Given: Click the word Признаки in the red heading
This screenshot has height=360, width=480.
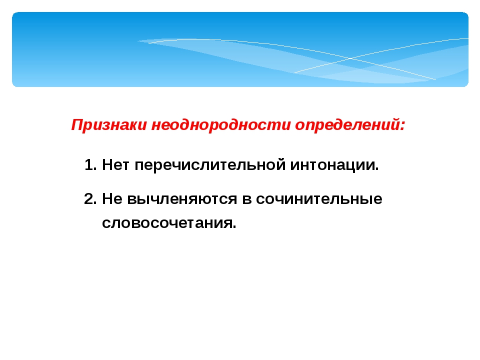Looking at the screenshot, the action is click(x=109, y=125).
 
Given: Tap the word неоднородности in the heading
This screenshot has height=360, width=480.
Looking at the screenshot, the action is click(x=221, y=125).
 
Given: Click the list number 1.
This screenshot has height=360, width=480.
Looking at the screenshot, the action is click(x=90, y=165).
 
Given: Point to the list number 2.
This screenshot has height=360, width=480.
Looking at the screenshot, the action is click(x=90, y=199).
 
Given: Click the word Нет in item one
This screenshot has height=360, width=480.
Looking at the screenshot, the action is click(x=115, y=165).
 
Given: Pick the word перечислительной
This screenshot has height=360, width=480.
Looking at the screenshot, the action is click(x=210, y=165).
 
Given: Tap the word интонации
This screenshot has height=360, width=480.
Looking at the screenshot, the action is click(x=332, y=165).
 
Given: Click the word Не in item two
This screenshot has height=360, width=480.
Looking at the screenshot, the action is click(x=112, y=199).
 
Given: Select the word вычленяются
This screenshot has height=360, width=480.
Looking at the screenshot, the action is click(x=182, y=199).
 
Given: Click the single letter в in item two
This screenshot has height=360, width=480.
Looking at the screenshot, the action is click(x=246, y=200).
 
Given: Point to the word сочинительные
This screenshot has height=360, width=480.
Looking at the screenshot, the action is click(x=319, y=199).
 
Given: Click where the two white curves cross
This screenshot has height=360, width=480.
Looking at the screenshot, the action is click(x=351, y=58).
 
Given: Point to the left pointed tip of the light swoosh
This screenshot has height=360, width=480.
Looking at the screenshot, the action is click(x=138, y=41).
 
